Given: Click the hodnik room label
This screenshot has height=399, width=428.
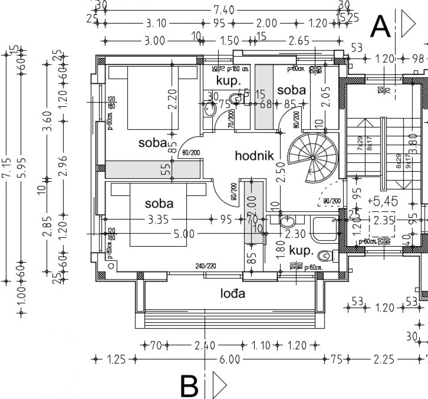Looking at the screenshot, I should click(253, 156).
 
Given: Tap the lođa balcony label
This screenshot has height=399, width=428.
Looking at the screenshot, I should click(233, 293).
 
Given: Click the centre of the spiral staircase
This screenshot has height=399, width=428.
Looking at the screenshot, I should click(313, 158).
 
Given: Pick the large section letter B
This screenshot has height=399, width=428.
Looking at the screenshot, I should click(189, 386).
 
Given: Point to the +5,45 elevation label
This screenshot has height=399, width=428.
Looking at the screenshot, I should click(382, 201).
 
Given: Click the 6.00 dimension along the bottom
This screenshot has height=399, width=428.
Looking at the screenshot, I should click(229, 359).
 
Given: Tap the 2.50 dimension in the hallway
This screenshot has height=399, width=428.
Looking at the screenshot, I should click(280, 170).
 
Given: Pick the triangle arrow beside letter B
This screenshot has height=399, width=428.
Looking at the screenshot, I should click(219, 384).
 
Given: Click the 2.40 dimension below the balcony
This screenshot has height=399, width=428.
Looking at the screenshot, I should click(205, 345).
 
